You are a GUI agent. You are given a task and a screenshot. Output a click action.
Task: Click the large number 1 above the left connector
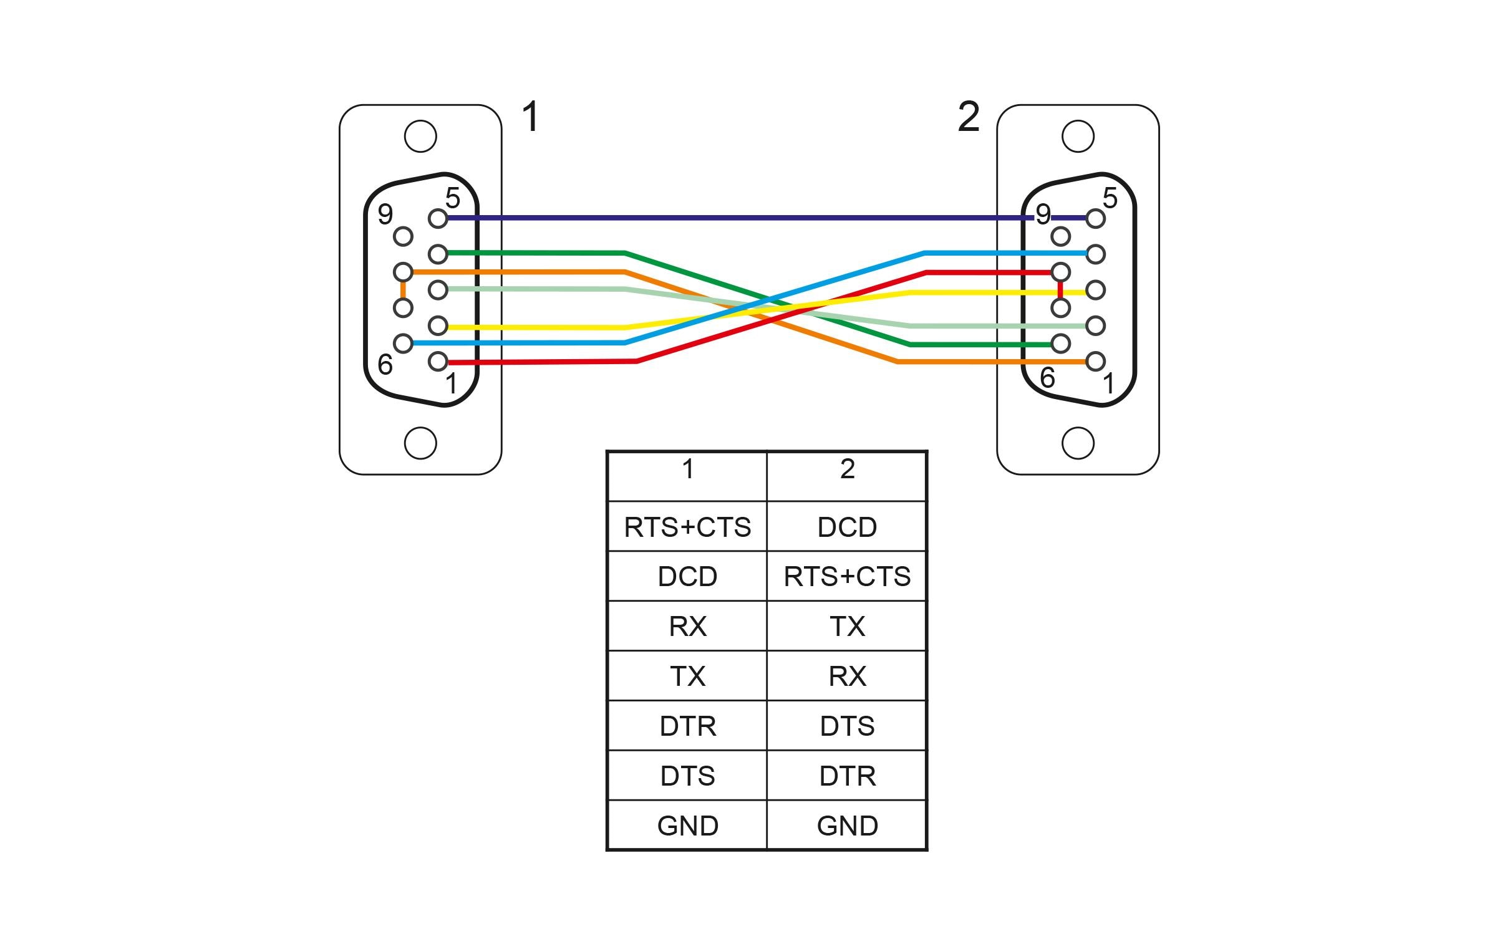coord(530,117)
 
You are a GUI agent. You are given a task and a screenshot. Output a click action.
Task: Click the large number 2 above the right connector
coord(968,117)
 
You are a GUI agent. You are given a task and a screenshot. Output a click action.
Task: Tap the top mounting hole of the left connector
coord(420,136)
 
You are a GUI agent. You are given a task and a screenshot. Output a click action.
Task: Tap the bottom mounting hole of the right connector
coord(1078,443)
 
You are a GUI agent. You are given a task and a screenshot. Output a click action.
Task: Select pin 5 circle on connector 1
coord(438,219)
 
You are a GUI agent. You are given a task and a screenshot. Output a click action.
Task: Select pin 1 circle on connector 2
coord(1095,361)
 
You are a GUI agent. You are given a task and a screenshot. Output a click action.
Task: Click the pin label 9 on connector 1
coord(385,214)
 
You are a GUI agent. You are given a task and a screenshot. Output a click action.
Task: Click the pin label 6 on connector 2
coord(1048,378)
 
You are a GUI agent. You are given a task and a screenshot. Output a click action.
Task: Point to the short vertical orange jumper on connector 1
coord(403,290)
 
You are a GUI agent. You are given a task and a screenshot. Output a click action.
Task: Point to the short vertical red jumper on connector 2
coord(1060,290)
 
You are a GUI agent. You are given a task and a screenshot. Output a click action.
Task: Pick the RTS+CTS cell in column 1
coord(687,527)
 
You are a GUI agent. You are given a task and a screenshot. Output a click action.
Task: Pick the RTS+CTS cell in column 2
coord(847,577)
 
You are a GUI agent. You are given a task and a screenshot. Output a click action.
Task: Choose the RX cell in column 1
coord(687,627)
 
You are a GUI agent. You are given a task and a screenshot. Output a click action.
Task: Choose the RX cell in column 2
coord(847,677)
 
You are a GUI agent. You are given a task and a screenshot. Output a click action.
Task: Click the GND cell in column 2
coord(847,826)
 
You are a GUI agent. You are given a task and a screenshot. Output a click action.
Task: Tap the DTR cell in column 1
coord(687,726)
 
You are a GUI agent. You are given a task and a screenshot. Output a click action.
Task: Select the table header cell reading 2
coord(847,470)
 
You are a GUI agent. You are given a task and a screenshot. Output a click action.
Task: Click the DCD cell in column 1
coord(687,577)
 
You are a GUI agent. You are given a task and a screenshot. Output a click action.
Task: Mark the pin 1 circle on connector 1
coord(438,361)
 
